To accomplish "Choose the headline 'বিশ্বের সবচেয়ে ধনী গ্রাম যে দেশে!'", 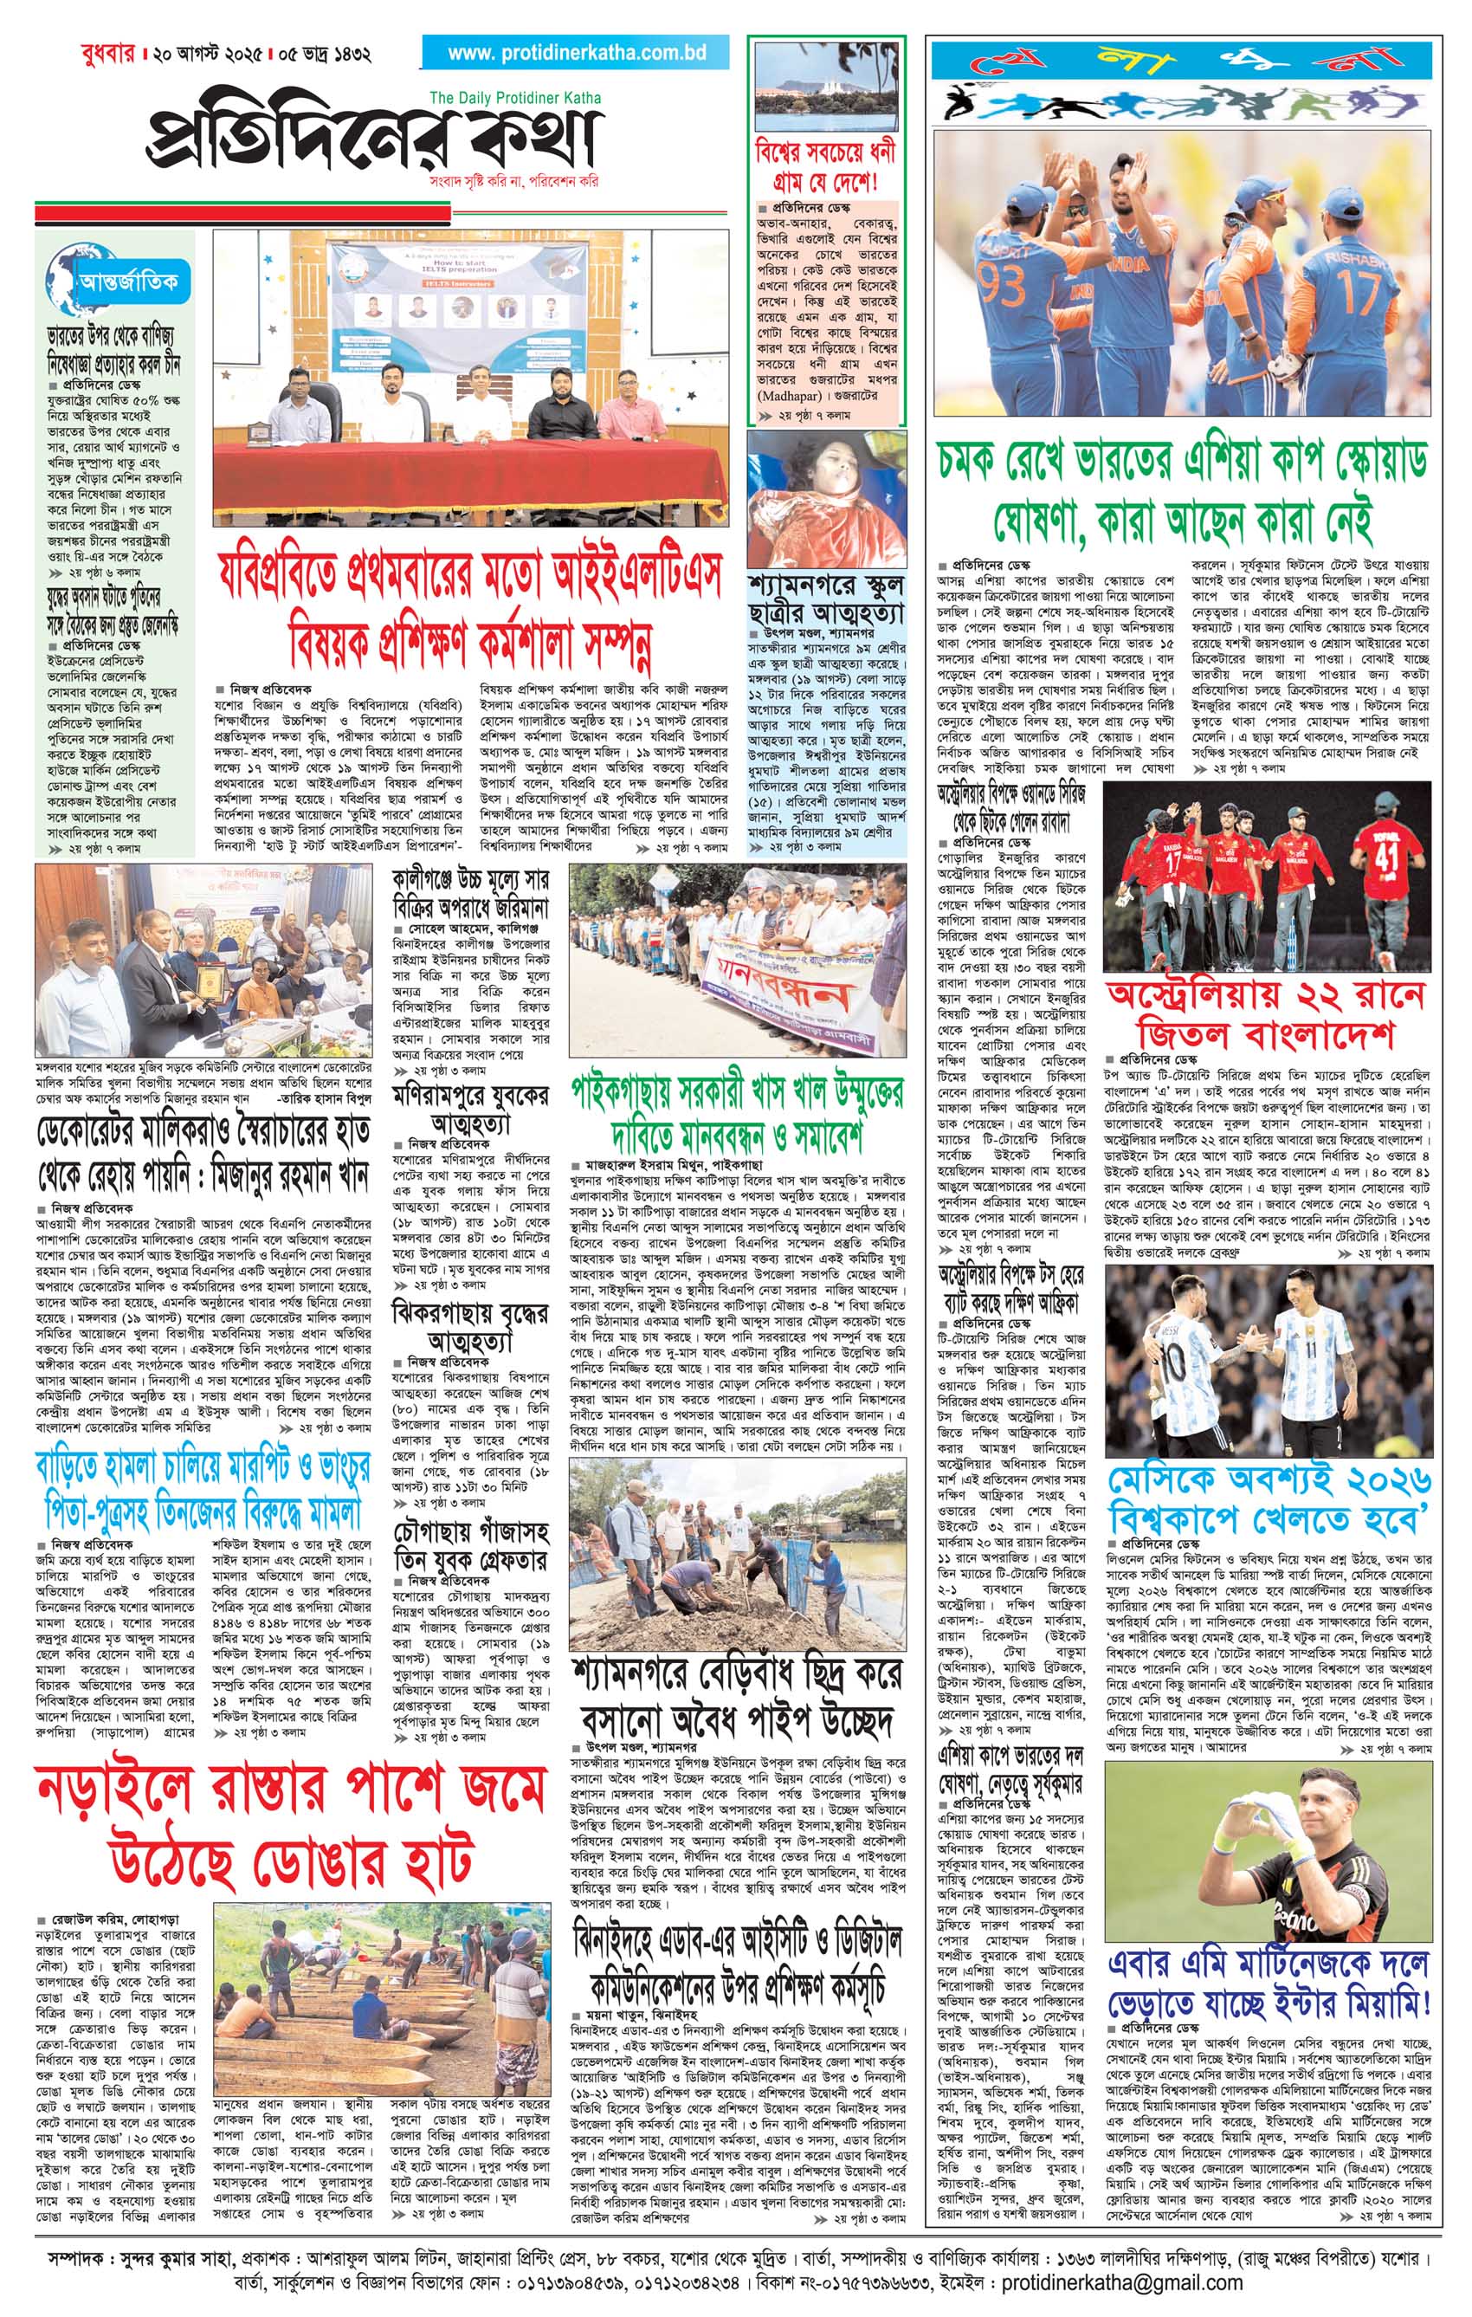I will pyautogui.click(x=826, y=165).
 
